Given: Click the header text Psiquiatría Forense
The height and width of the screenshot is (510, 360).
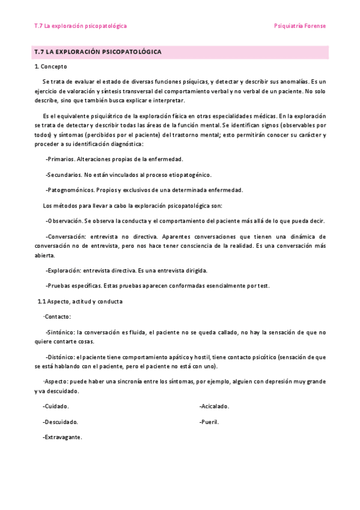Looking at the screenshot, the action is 299,26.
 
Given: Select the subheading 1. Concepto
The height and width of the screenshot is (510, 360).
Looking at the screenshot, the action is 50,67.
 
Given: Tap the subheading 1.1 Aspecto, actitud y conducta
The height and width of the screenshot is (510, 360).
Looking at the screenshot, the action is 80,301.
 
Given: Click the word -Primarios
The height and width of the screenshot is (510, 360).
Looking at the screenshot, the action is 60,159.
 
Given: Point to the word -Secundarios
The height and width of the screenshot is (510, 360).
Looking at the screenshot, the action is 64,175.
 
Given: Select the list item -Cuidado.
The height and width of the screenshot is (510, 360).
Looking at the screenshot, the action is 56,406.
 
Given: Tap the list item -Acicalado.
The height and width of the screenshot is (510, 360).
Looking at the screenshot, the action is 214,406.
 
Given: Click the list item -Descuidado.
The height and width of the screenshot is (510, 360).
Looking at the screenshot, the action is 60,422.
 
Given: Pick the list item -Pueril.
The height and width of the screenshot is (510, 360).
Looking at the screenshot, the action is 209,422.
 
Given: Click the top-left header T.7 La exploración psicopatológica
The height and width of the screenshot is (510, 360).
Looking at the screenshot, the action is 81,26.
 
